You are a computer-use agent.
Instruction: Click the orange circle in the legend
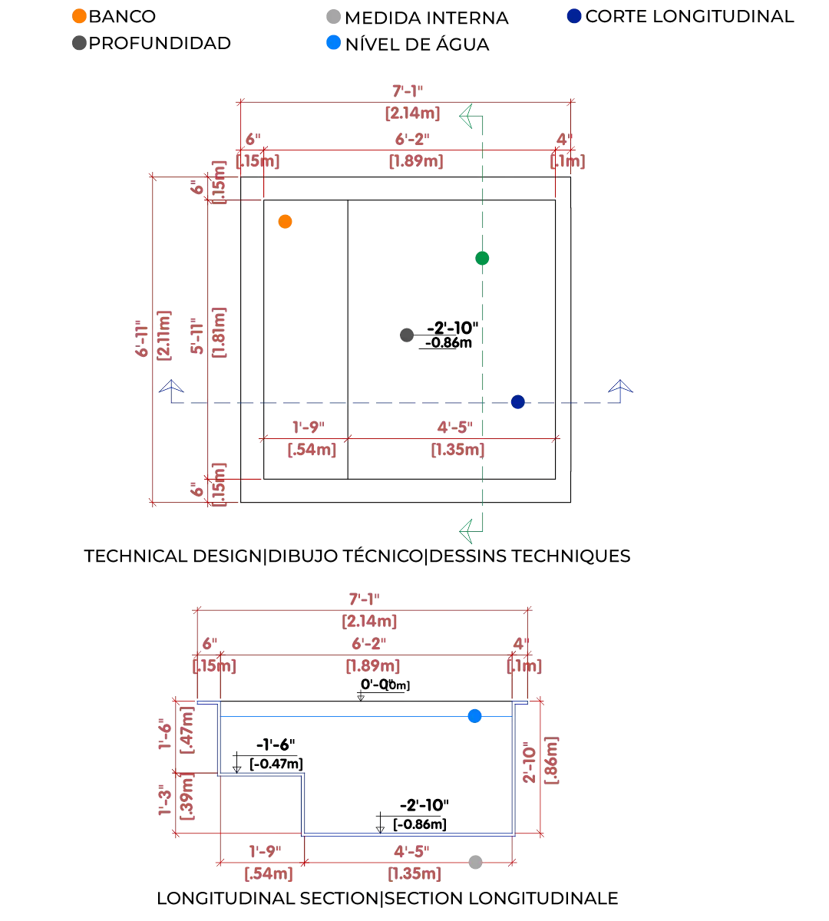click(x=78, y=15)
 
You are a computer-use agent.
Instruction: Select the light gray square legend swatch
click(x=335, y=15)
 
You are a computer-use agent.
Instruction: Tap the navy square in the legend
click(x=574, y=15)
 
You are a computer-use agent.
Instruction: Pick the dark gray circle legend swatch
click(x=78, y=42)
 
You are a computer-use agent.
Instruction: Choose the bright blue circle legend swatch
click(x=335, y=42)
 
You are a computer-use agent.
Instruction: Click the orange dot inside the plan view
click(x=286, y=222)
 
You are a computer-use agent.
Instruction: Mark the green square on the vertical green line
click(x=482, y=259)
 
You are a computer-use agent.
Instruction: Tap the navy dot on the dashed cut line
click(x=519, y=402)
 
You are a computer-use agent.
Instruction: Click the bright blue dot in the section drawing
click(x=476, y=716)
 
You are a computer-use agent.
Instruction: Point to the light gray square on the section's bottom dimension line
click(x=476, y=863)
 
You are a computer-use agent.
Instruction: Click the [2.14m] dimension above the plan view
click(x=413, y=114)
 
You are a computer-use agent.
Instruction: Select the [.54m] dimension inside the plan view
click(x=310, y=451)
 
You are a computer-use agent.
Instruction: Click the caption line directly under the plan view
click(x=356, y=556)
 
